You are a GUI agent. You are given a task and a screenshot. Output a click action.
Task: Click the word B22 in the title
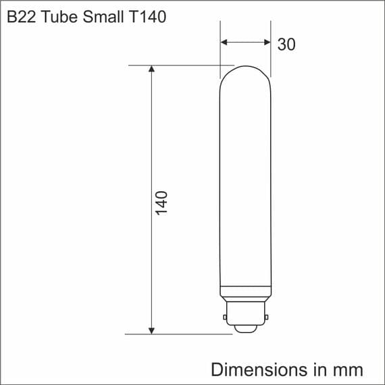(21, 17)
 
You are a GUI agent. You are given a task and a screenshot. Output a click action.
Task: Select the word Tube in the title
(57, 17)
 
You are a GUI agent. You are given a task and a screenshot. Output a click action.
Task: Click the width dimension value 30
(286, 44)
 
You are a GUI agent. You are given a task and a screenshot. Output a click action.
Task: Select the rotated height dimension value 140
(161, 202)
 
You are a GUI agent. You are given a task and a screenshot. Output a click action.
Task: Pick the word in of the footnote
(318, 369)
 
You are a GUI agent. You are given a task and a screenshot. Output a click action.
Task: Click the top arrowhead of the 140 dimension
(151, 70)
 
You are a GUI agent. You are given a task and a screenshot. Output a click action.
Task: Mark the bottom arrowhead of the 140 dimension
(151, 329)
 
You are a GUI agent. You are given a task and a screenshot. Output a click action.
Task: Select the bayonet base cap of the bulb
(245, 312)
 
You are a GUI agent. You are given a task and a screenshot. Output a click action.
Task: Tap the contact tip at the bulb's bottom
(245, 330)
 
